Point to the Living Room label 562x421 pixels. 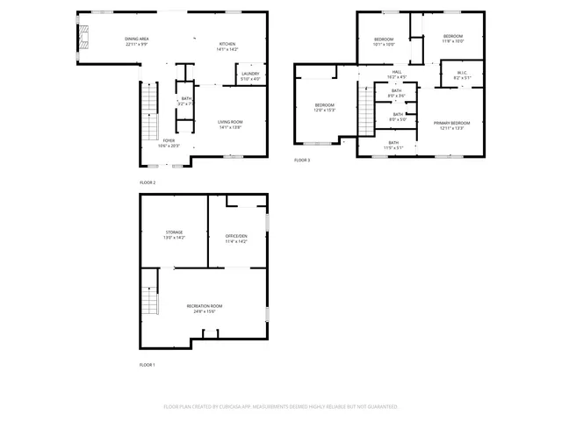[230, 124]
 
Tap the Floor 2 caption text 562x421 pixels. [148, 182]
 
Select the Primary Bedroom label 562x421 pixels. [452, 125]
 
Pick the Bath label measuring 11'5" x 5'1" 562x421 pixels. [393, 145]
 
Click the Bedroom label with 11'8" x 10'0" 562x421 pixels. [452, 38]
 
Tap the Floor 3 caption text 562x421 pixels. [302, 160]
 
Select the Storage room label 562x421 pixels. [174, 234]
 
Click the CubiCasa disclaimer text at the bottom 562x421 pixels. [281, 407]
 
